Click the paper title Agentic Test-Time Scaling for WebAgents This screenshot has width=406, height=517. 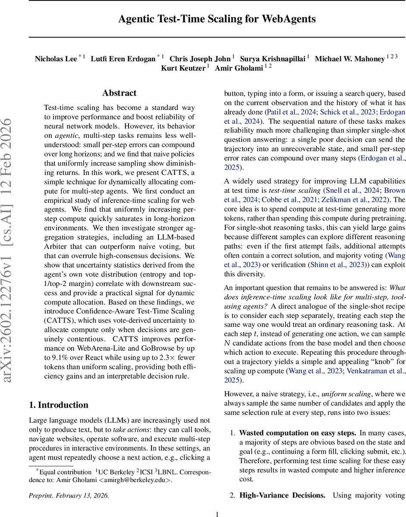217,19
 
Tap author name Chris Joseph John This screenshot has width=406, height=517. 200,59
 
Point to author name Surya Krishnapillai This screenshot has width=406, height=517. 272,59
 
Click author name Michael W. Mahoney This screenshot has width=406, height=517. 349,59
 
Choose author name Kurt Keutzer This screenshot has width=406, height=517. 183,68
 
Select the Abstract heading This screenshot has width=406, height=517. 119,93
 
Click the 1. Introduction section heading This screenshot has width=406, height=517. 58,405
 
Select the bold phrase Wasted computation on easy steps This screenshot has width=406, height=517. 298,433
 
